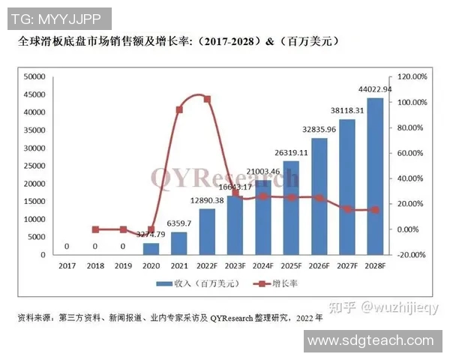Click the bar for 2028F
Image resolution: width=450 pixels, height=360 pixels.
(375, 177)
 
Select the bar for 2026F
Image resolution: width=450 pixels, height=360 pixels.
(319, 196)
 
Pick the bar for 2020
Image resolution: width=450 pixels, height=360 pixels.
(151, 249)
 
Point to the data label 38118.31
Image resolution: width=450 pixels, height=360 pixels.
(347, 110)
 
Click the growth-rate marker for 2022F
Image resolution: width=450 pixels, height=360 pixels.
(207, 99)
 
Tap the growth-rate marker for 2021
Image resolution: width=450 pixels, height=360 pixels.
(179, 110)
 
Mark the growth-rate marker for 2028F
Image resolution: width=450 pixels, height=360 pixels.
(375, 210)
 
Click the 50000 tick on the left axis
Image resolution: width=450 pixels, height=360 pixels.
(36, 76)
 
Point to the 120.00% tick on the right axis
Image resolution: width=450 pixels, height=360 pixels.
(411, 76)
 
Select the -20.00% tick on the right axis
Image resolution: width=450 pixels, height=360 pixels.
(411, 255)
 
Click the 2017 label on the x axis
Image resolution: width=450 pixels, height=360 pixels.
(68, 265)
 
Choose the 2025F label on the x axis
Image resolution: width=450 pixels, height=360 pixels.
(290, 265)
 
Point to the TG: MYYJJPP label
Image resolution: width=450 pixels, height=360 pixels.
(56, 16)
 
